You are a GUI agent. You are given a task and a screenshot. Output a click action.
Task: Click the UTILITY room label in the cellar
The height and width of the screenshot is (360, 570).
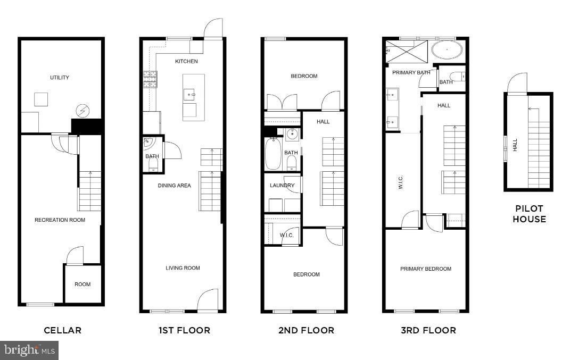click(60, 78)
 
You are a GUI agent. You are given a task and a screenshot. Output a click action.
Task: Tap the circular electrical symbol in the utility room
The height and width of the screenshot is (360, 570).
click(83, 111)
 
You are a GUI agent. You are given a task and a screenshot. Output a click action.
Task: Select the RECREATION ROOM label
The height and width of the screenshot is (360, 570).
click(60, 220)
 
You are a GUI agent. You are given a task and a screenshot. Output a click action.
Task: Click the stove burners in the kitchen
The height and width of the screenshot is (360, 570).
click(150, 79)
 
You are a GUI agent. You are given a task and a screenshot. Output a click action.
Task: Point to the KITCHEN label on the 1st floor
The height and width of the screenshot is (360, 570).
click(186, 61)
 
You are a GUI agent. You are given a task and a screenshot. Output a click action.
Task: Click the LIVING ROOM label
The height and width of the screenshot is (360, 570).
click(183, 268)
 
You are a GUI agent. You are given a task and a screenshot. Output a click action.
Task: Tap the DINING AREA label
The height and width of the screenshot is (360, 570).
click(174, 186)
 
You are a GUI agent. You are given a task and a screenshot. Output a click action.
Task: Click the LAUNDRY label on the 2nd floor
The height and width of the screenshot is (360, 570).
click(282, 186)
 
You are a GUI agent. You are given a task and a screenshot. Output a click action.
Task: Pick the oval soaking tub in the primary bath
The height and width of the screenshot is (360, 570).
click(447, 51)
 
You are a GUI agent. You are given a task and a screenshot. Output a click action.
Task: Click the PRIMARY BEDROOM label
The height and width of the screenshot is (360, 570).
click(426, 269)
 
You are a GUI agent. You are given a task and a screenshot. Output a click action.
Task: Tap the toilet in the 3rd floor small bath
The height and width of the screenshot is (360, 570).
click(457, 76)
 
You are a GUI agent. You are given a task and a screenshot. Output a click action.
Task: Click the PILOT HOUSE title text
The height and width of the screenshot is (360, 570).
click(528, 214)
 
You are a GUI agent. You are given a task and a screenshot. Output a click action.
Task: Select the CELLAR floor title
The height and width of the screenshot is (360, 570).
click(62, 330)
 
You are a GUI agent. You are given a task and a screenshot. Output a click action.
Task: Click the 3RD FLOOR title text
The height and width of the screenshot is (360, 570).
click(428, 330)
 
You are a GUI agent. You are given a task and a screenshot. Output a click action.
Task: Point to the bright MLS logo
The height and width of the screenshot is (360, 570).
click(29, 350)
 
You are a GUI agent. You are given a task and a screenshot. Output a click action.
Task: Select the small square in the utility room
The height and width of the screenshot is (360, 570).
click(41, 99)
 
